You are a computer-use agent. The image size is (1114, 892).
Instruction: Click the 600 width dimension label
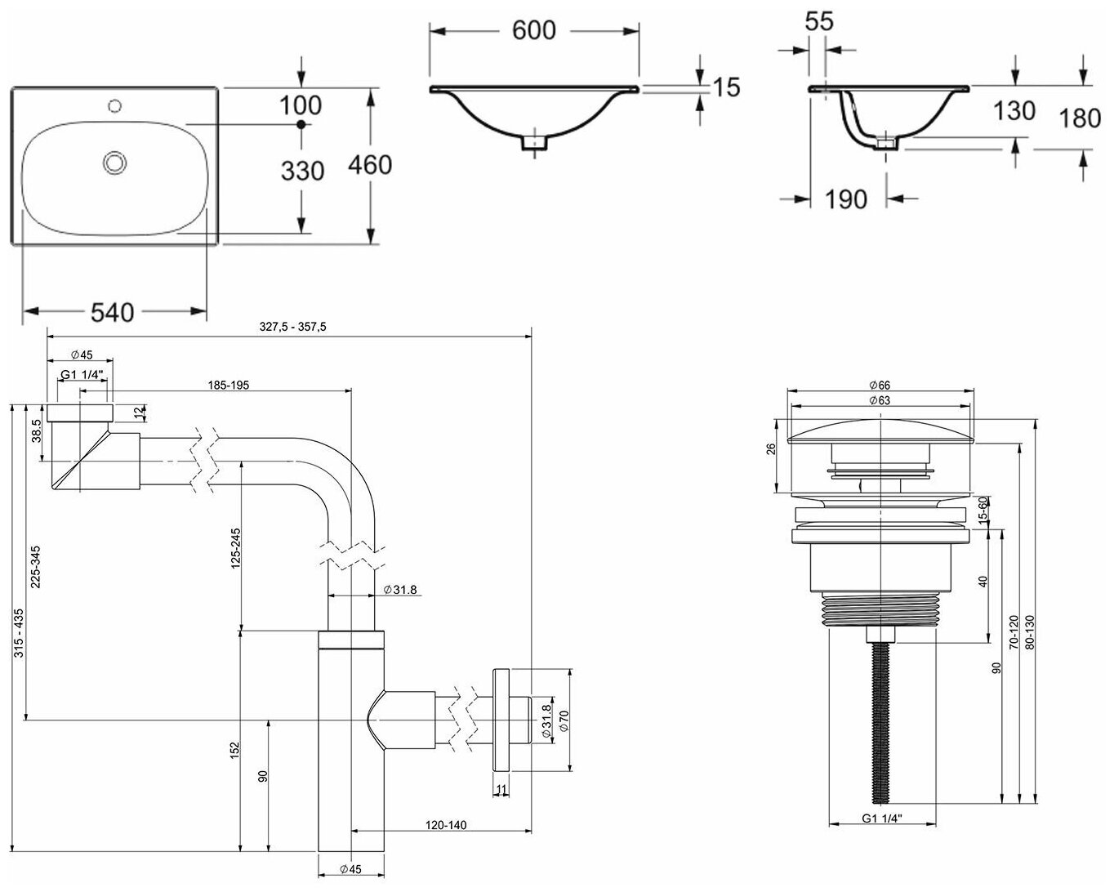click(533, 30)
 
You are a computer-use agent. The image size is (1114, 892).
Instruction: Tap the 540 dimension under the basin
click(113, 313)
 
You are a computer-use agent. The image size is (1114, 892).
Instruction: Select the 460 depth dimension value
click(370, 165)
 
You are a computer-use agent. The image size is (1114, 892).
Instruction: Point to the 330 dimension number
click(302, 171)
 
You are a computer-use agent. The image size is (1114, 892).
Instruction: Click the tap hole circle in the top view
click(115, 106)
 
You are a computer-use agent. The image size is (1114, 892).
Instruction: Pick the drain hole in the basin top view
click(115, 162)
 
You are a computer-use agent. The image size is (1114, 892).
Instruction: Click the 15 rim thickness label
click(727, 87)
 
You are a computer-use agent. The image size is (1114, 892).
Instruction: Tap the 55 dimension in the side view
click(819, 21)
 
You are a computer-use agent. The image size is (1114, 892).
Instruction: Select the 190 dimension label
click(846, 199)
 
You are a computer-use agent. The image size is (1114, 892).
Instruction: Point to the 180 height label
click(1080, 118)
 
